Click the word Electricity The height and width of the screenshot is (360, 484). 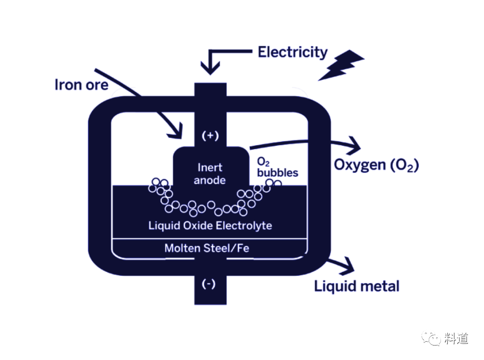pos(292,52)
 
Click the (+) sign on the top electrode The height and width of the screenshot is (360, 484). pos(210,135)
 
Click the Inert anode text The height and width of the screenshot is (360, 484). pos(210,174)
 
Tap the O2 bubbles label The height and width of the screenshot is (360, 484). pos(277,167)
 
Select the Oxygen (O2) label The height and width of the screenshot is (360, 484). pos(376,165)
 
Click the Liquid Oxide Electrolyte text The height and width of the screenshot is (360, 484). pos(210,225)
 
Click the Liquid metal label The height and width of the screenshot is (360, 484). pos(357,286)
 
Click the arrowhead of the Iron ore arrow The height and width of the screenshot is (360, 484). pos(176,131)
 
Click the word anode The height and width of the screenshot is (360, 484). pos(210,180)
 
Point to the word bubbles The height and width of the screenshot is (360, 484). pos(278,172)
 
